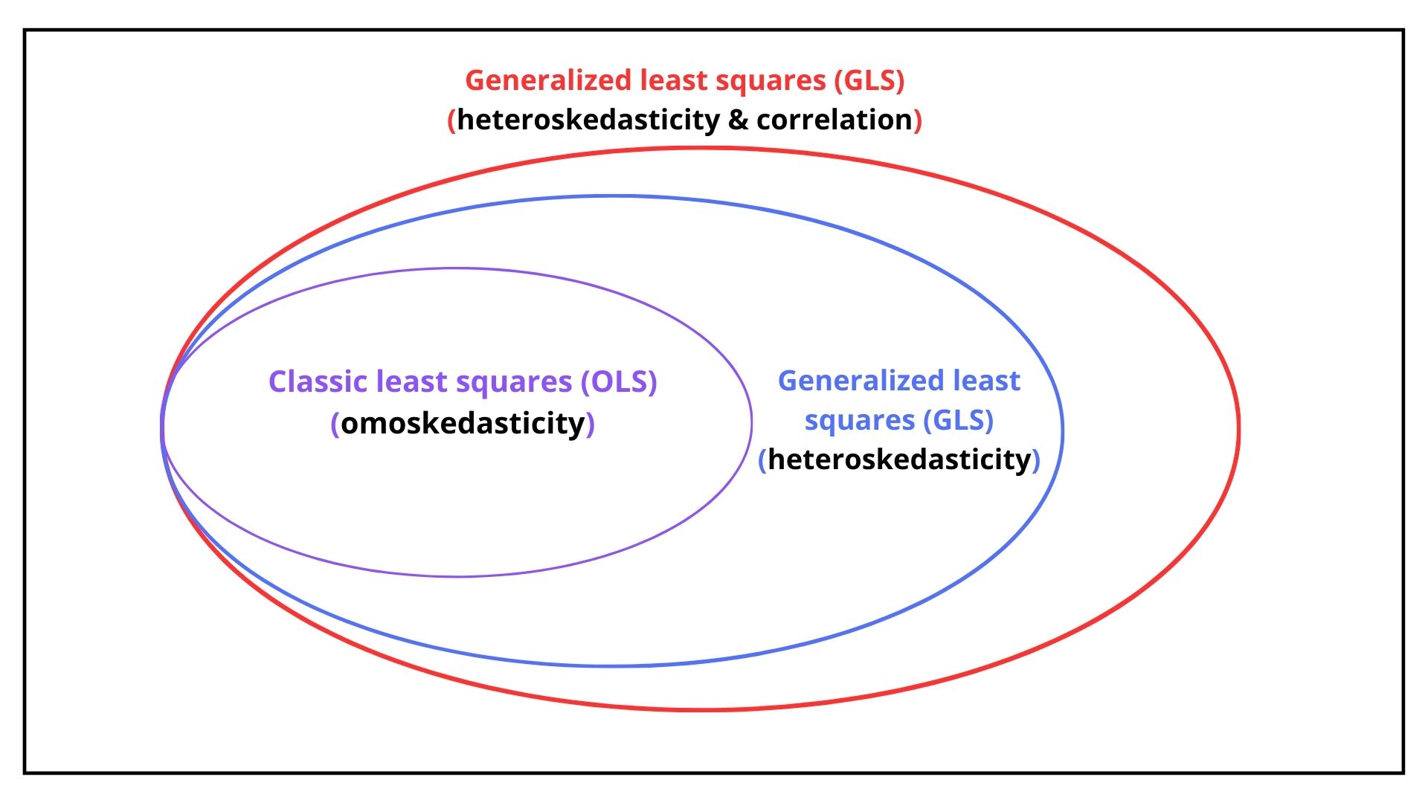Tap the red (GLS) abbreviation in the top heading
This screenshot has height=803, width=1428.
click(x=869, y=80)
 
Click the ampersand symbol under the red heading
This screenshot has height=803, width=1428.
click(x=738, y=120)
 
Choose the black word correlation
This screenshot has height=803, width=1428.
click(x=834, y=120)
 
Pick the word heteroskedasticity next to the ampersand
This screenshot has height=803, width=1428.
click(x=588, y=120)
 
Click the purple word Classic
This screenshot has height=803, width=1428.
click(x=318, y=381)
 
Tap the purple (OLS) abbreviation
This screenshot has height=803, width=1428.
click(x=619, y=381)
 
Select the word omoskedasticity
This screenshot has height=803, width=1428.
click(x=463, y=424)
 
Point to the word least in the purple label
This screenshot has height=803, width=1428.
click(x=409, y=381)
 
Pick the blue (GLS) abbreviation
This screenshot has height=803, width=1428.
click(x=958, y=420)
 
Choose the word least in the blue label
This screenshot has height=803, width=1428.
click(x=986, y=381)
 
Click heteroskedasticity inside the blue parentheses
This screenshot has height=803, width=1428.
click(x=899, y=459)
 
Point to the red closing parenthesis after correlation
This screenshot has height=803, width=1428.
click(x=918, y=120)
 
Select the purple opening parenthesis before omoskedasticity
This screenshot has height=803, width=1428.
click(x=335, y=424)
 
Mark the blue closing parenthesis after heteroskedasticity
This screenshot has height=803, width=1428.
click(x=1036, y=459)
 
